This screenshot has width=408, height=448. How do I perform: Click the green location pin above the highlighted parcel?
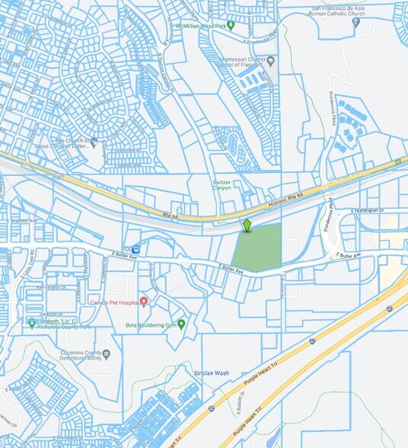click(247, 225)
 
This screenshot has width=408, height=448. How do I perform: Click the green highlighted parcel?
click(257, 248)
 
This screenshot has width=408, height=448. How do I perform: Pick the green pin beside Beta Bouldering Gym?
click(181, 324)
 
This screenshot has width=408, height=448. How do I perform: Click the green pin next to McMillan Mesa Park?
click(231, 25)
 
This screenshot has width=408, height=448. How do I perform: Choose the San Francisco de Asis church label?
click(348, 10)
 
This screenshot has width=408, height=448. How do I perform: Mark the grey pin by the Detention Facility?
click(107, 354)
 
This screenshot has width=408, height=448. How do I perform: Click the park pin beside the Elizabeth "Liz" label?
click(31, 322)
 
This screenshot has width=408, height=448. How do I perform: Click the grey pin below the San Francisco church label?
click(356, 21)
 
